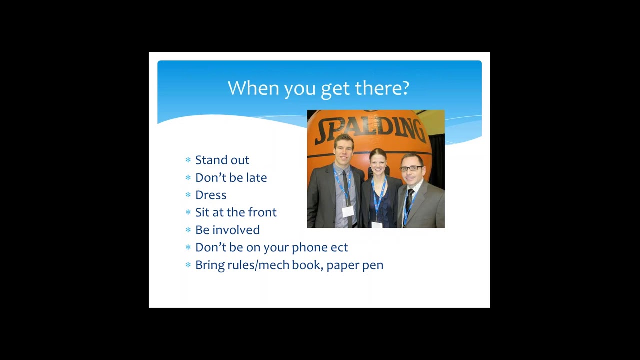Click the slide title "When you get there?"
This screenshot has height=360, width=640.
319,89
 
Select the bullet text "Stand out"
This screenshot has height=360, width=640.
222,160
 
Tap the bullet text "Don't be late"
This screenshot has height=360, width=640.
231,177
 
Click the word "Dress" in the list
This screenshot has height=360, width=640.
211,195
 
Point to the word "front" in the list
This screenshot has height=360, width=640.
262,212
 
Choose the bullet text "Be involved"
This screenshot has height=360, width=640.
227,230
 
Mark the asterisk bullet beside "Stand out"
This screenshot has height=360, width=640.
188,160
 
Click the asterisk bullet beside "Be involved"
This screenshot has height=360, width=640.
188,230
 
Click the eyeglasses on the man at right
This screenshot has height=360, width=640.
411,168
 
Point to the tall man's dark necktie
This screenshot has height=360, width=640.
347,197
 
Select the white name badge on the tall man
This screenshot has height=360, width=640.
348,211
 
